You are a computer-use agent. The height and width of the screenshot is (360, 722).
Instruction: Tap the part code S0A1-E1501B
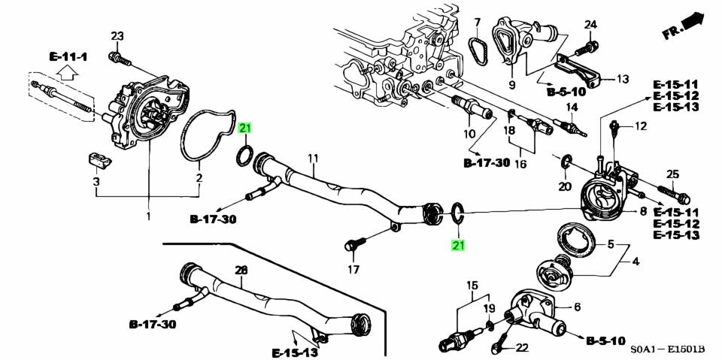[666, 349]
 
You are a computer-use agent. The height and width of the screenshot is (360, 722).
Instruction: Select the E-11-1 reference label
[68, 57]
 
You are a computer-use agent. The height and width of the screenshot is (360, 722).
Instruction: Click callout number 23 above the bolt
[117, 36]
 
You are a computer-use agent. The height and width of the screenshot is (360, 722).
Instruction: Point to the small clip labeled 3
[97, 159]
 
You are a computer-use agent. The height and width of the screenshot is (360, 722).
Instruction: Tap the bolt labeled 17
[354, 245]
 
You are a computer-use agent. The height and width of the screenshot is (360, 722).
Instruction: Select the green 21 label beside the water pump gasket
[245, 129]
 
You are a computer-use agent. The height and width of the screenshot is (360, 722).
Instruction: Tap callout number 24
[590, 24]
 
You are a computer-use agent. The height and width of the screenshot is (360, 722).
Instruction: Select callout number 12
[641, 126]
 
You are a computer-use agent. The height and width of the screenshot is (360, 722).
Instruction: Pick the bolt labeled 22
[499, 348]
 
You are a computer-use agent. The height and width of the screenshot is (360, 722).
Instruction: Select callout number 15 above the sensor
[472, 285]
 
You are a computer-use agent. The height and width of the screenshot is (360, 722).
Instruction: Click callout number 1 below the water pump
[148, 216]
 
